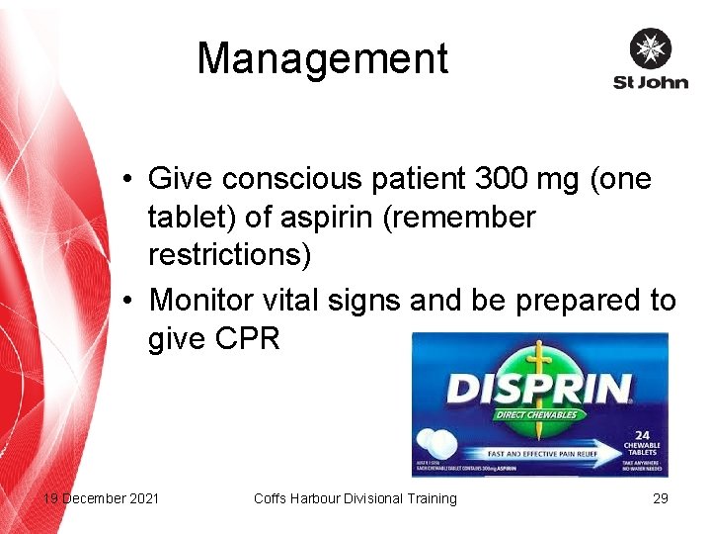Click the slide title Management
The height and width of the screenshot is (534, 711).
point(322,59)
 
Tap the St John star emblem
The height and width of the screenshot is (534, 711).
point(650,49)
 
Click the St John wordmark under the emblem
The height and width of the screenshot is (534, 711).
point(650,83)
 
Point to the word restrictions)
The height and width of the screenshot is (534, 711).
point(229,254)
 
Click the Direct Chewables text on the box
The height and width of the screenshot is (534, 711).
point(537,413)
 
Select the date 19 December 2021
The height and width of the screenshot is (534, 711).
point(100,498)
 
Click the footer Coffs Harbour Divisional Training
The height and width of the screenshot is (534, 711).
point(355,498)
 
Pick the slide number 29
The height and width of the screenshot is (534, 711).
point(661,498)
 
